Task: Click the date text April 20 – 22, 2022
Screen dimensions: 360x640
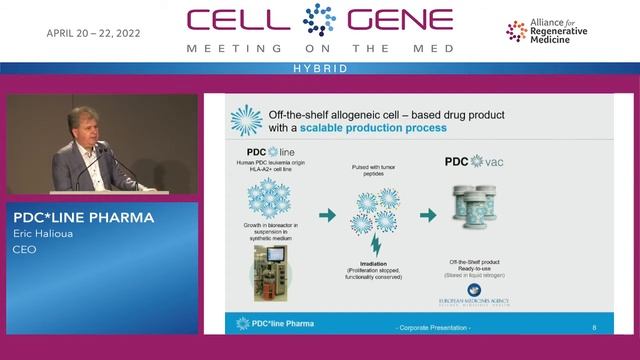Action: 93,33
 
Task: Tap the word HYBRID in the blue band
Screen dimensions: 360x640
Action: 319,68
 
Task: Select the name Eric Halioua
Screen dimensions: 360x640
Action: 46,235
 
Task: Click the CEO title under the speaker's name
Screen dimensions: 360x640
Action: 23,249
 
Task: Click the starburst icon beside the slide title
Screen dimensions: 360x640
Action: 245,121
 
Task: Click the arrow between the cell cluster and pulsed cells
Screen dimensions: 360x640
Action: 325,214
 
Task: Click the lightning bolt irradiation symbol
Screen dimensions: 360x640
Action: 376,243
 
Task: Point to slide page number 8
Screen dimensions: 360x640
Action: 594,325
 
